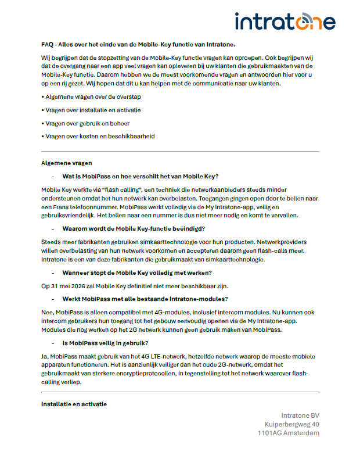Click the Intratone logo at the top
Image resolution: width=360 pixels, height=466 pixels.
[x=285, y=21]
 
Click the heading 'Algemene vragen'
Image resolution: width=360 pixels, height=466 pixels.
[x=66, y=163]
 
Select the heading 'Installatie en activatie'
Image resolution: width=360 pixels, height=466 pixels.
[x=74, y=403]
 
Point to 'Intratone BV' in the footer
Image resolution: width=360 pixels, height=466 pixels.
[x=300, y=415]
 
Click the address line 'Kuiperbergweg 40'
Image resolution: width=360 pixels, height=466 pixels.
[x=292, y=424]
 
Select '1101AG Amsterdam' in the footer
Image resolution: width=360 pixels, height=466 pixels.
[x=289, y=433]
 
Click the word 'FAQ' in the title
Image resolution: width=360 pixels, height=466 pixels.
[x=47, y=44]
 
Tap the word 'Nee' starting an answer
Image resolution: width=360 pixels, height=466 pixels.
[x=46, y=312]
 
